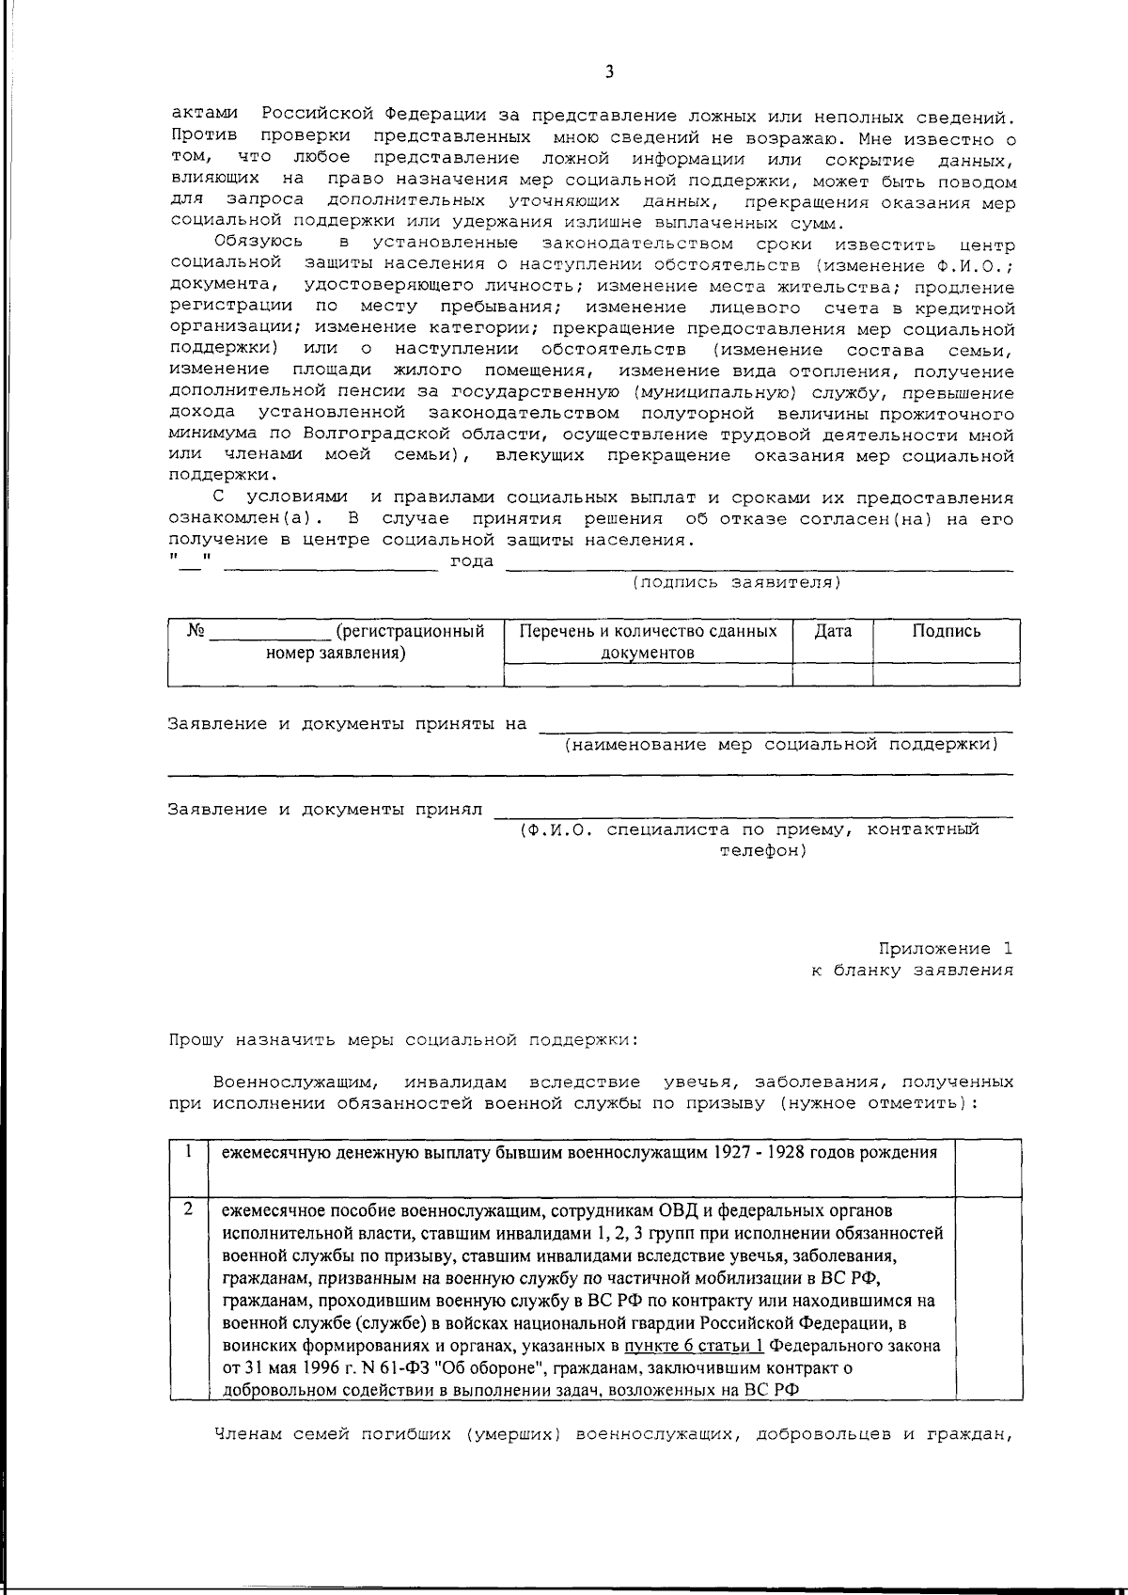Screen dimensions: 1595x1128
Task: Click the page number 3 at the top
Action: pyautogui.click(x=609, y=71)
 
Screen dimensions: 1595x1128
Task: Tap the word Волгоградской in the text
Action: pyautogui.click(x=364, y=434)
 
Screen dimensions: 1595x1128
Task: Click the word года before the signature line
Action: pyautogui.click(x=473, y=561)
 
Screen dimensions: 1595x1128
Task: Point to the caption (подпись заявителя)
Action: pyautogui.click(x=736, y=582)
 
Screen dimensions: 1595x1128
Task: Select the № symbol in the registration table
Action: pyautogui.click(x=196, y=631)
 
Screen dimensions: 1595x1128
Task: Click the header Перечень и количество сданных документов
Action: pyautogui.click(x=648, y=641)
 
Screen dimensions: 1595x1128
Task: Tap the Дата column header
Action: pyautogui.click(x=833, y=631)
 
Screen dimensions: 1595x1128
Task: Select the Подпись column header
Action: pyautogui.click(x=946, y=631)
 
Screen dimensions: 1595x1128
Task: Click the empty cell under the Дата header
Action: pyautogui.click(x=833, y=674)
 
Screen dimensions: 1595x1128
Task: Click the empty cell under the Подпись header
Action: pyautogui.click(x=946, y=674)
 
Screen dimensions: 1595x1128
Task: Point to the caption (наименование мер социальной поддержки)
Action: pyautogui.click(x=780, y=745)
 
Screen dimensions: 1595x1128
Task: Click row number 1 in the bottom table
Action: pyautogui.click(x=189, y=1151)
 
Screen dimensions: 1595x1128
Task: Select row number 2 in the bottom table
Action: pyautogui.click(x=189, y=1208)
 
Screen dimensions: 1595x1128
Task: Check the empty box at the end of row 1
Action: pyautogui.click(x=988, y=1167)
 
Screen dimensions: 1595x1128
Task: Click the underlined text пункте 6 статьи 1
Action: pyautogui.click(x=693, y=1346)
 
